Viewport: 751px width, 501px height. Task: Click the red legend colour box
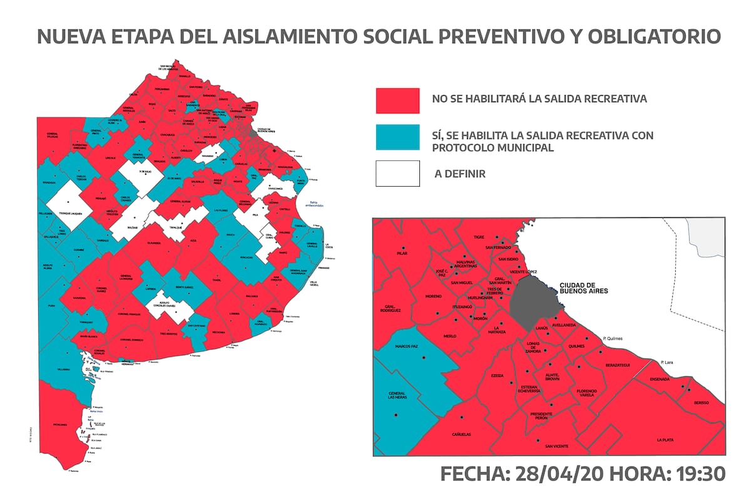pos(397,100)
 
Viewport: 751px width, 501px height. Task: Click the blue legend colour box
pos(397,137)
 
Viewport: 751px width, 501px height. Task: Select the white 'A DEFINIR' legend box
pos(397,173)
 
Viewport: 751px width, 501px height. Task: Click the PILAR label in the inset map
pos(402,254)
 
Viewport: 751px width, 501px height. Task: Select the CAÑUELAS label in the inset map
pos(461,434)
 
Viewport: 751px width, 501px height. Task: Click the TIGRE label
pos(479,238)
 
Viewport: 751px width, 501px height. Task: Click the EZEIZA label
pos(497,375)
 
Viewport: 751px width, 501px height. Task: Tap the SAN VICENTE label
pos(556,446)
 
